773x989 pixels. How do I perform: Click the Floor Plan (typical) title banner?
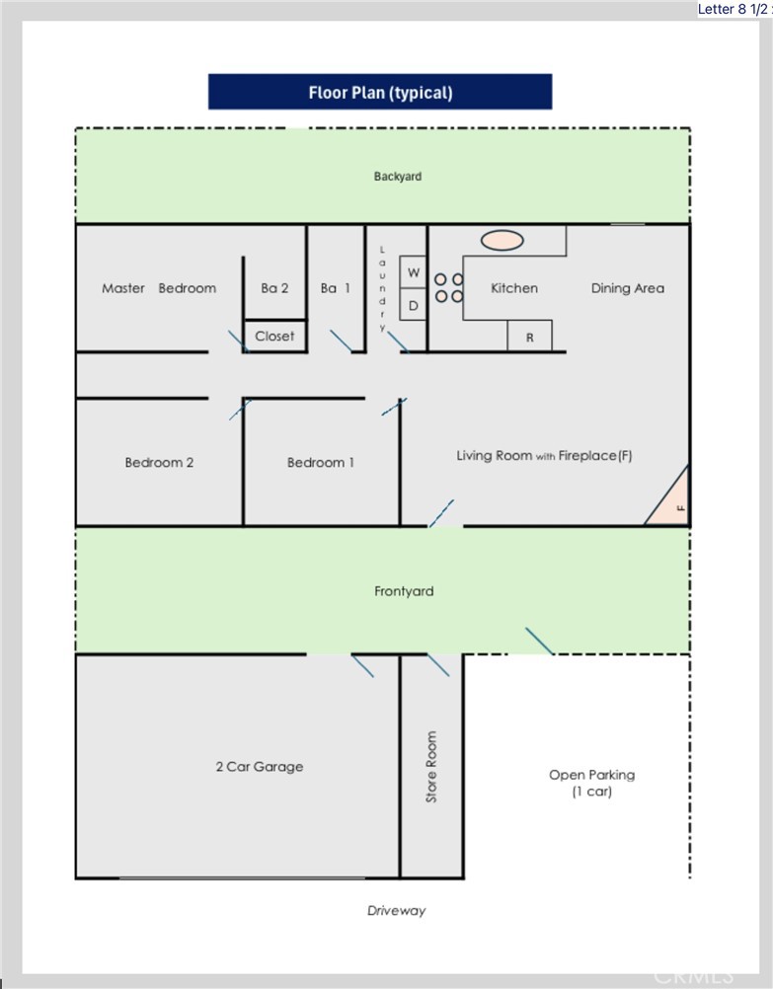tap(380, 93)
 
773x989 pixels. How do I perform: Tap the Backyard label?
tap(397, 177)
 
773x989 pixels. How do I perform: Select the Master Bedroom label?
tap(159, 288)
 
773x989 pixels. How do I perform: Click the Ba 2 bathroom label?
tap(274, 288)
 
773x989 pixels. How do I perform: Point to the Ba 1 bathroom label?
tap(336, 288)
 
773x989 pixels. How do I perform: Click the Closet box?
tap(274, 336)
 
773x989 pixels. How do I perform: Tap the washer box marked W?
tap(414, 271)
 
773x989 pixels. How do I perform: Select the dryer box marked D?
tap(414, 305)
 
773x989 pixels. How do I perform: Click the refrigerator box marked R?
tap(529, 337)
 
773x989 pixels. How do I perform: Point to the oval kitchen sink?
tap(502, 240)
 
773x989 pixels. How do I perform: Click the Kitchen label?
tap(514, 288)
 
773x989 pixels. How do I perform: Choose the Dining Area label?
tap(627, 288)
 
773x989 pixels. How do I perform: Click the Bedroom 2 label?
tap(159, 462)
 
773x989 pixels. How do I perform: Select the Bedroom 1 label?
tap(321, 462)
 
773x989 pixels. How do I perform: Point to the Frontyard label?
tap(404, 591)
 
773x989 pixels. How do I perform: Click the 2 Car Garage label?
tap(259, 766)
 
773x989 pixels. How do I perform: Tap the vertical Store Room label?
tap(431, 766)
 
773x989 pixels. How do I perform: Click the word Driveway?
tap(396, 910)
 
